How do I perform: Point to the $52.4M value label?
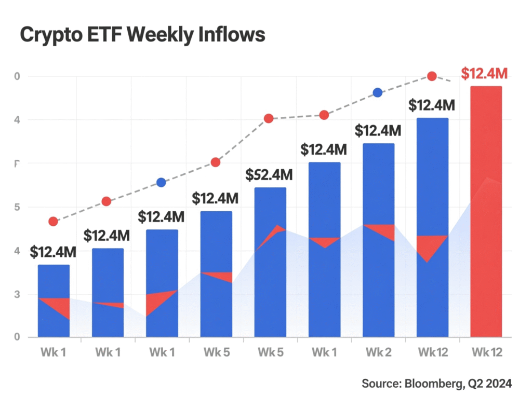click(269, 175)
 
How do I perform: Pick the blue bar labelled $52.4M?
click(270, 262)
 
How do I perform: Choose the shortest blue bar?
click(54, 301)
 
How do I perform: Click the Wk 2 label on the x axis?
click(378, 352)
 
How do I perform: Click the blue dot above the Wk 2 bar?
click(378, 92)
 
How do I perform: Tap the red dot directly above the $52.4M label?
click(269, 118)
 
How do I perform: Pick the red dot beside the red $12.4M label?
click(432, 76)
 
